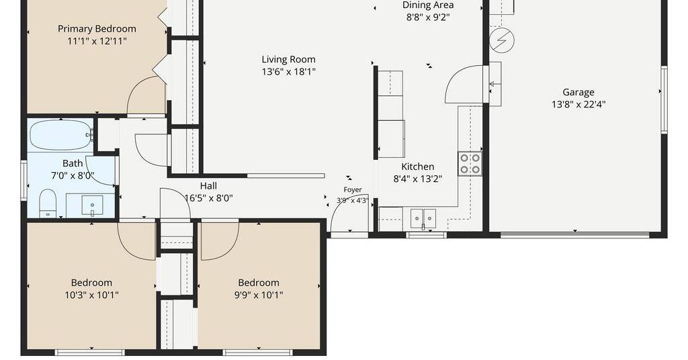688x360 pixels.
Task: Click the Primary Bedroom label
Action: tap(97, 29)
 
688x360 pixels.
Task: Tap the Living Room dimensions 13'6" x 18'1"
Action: tap(288, 71)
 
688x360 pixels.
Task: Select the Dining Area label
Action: tap(428, 5)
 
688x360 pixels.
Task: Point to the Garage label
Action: tap(578, 92)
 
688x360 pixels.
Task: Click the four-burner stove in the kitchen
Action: tap(470, 164)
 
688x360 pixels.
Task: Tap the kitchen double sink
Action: tap(423, 218)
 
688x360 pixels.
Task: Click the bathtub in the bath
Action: tap(60, 135)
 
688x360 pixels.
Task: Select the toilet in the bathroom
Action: tap(48, 204)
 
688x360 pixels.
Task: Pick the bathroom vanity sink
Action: tap(92, 206)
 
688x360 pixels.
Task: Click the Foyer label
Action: tap(352, 190)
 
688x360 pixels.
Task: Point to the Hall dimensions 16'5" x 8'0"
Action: tap(208, 198)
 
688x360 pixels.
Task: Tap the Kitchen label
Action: tap(418, 167)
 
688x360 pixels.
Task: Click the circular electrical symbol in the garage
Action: tap(502, 40)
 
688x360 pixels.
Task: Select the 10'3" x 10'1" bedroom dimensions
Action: tap(91, 295)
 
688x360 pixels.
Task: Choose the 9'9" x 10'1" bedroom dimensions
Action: tap(259, 295)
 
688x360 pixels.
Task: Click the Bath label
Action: tap(73, 164)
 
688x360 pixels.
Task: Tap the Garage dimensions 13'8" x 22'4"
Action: tap(578, 104)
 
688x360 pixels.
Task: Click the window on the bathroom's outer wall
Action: tap(24, 181)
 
